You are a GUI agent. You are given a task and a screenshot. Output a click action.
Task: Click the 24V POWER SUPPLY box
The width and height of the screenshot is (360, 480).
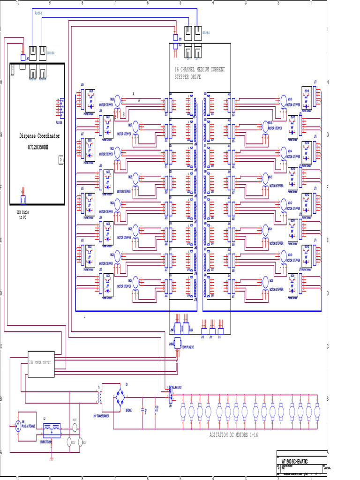click(41, 364)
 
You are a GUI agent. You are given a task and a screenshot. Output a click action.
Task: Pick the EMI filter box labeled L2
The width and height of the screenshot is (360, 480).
click(51, 428)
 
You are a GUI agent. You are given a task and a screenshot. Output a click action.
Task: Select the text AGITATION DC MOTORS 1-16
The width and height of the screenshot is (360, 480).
click(233, 435)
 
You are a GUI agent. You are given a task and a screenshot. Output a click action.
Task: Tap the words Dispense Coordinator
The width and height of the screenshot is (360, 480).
click(39, 136)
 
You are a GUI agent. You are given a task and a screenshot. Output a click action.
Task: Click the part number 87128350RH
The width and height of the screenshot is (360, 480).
click(39, 147)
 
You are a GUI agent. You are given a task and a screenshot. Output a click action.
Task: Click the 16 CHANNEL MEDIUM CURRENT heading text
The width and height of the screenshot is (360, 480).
click(200, 69)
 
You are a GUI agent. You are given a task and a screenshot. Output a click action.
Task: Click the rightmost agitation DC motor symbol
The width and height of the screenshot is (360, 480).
click(317, 412)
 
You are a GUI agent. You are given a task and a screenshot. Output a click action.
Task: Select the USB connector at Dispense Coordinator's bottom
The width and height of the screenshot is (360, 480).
click(22, 200)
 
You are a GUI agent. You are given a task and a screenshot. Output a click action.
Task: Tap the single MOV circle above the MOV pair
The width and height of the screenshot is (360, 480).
click(74, 427)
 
